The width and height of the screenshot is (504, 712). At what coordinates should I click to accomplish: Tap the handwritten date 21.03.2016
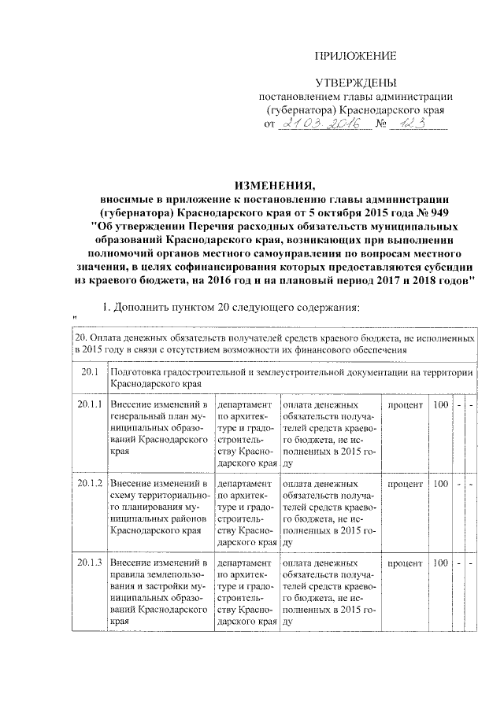tap(321, 124)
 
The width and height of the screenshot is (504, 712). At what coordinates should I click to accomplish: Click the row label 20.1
tap(87, 371)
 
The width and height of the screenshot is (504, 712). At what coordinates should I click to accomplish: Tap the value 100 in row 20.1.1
tap(441, 404)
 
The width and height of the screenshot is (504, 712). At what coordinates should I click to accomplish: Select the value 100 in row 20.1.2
tap(441, 483)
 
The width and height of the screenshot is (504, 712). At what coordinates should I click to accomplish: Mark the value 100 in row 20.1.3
tap(441, 563)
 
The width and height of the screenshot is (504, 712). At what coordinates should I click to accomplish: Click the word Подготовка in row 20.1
tap(139, 371)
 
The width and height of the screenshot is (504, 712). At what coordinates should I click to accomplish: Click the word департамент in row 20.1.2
tap(246, 483)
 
